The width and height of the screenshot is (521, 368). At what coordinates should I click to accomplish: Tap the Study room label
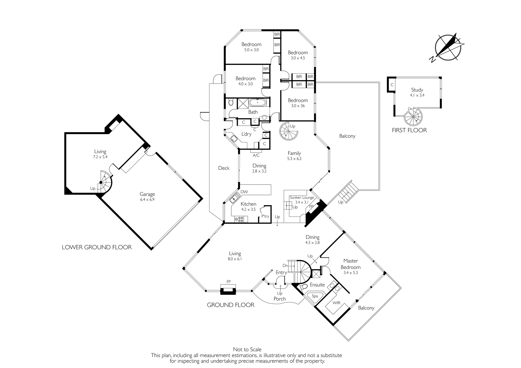[x=417, y=90]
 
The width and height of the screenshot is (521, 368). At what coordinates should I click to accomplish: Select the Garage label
[x=147, y=194]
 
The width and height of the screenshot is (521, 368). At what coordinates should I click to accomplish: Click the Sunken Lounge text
[x=302, y=198]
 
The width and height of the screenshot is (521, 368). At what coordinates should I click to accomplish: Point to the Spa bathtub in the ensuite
[x=315, y=297]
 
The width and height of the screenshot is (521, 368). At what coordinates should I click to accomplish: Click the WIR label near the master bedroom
[x=337, y=303]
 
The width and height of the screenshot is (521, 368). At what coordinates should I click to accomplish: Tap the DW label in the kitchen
[x=244, y=192]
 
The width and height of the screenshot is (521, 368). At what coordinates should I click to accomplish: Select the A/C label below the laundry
[x=256, y=155]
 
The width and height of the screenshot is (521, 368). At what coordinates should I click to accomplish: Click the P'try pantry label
[x=265, y=216]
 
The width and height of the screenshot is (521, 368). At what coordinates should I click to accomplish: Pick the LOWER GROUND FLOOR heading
[x=97, y=247]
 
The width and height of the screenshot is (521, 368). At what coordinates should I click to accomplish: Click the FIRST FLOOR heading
[x=410, y=130]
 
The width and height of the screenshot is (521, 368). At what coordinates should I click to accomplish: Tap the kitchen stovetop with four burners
[x=239, y=219]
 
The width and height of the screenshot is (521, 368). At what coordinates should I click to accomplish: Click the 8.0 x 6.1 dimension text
[x=235, y=259]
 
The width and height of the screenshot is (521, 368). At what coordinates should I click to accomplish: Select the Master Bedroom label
[x=351, y=264]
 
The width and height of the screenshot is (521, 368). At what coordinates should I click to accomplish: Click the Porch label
[x=280, y=299]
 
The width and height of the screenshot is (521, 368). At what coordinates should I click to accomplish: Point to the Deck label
[x=224, y=168]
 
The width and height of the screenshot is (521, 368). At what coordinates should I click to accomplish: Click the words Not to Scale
[x=247, y=350]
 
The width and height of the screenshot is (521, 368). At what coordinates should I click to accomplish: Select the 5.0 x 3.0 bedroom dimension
[x=251, y=50]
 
